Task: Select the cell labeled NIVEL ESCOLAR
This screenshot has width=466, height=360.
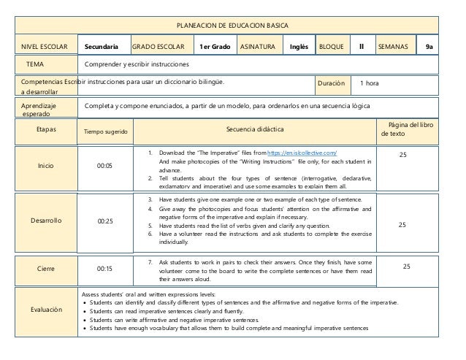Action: point(39,47)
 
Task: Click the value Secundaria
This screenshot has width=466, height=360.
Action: point(103,47)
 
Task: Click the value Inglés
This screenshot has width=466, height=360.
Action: point(298,47)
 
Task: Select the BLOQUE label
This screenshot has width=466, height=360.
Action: point(332,47)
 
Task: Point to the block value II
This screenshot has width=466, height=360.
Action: point(361,47)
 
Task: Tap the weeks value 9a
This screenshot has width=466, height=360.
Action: point(429,47)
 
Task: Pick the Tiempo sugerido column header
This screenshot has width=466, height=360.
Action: point(106,132)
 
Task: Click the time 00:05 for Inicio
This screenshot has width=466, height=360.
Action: point(105,166)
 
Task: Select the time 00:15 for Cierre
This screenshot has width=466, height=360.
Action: point(105,268)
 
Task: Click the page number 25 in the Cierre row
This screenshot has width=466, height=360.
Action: point(406,267)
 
